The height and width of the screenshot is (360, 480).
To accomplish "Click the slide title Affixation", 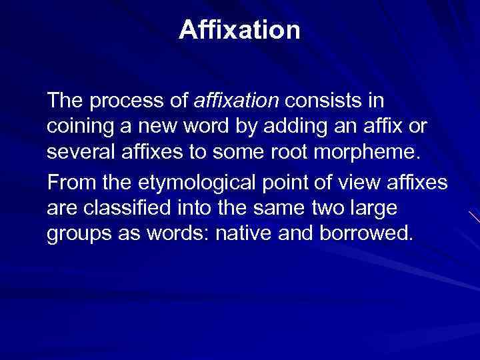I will [239, 30].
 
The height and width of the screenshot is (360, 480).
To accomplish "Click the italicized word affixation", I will [236, 101].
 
